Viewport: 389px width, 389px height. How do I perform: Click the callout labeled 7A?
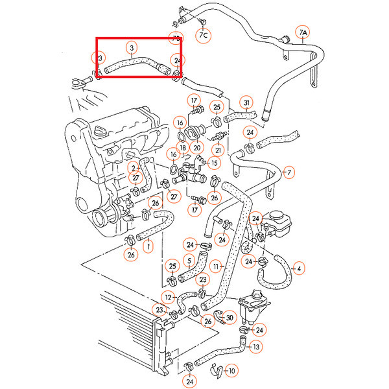(x=303, y=32)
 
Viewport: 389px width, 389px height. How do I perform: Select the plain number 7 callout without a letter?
(x=289, y=172)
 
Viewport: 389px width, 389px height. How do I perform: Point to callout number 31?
(x=247, y=102)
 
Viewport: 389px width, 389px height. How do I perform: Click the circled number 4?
(x=299, y=267)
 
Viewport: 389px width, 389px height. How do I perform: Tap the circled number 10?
(x=233, y=371)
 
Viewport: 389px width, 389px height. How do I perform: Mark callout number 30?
(x=228, y=317)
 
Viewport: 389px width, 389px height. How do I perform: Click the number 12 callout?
(x=168, y=298)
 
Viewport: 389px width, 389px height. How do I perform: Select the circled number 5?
(x=189, y=262)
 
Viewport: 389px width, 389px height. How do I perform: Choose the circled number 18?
(x=183, y=148)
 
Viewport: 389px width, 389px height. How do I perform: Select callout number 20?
(x=197, y=148)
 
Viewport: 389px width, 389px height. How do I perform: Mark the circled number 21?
(x=218, y=150)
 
